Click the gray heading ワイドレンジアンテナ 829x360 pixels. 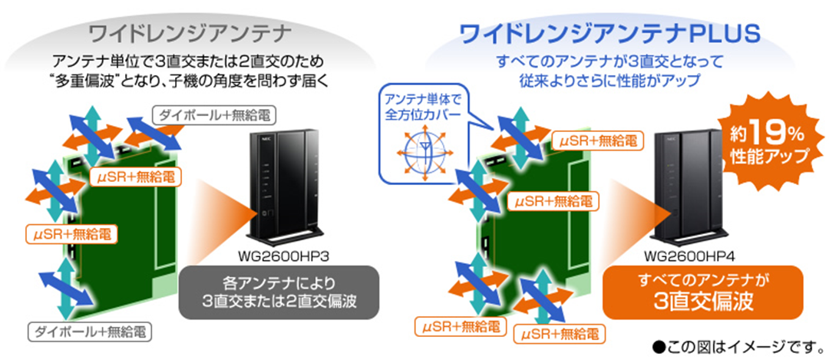189,34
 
